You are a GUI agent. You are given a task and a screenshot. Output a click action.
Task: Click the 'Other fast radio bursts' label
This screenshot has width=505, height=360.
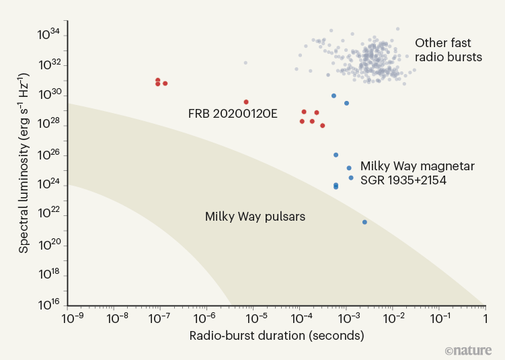pos(449,49)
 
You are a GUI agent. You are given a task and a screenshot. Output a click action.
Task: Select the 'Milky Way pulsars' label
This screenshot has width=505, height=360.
pos(255,217)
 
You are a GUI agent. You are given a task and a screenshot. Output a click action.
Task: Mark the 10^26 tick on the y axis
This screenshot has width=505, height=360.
pos(51,155)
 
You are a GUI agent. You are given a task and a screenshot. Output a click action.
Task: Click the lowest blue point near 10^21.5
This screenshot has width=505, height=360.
pos(364,222)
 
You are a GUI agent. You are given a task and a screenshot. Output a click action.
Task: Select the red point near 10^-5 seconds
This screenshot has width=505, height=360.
pos(246,102)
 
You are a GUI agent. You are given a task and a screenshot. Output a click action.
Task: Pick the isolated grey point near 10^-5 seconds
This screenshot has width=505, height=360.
pos(245,63)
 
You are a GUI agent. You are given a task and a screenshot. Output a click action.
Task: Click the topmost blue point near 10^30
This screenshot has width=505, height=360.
pos(334,96)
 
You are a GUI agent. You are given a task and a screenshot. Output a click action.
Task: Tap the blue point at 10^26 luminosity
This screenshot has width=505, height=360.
pos(336,155)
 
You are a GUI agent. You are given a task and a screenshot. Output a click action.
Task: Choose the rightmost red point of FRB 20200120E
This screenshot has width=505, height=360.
pos(323,126)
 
